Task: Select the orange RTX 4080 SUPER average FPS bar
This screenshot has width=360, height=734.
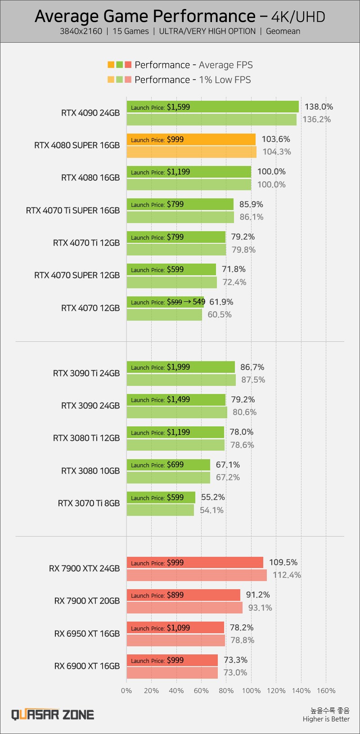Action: coord(216,139)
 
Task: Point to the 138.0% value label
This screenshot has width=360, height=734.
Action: coord(319,107)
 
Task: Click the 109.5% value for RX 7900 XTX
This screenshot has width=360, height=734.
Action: coord(283,562)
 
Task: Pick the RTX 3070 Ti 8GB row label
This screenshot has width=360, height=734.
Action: coord(89,503)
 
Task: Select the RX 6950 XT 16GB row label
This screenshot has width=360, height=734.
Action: coord(87,633)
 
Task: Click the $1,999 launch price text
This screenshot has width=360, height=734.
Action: coord(178,367)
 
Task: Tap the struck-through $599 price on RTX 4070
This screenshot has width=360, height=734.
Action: coord(174,302)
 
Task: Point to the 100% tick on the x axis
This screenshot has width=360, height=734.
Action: coord(251,691)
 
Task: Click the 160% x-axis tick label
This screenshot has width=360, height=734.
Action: coord(326,691)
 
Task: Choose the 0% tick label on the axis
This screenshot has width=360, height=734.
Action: coord(126,691)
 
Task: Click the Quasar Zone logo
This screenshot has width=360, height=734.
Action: coord(53,715)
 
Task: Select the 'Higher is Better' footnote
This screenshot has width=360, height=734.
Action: coord(326,719)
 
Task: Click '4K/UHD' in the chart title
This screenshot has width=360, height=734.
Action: coord(298,17)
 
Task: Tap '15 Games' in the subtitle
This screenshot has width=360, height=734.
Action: coord(130,31)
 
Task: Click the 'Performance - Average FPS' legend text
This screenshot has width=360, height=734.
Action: coord(193,65)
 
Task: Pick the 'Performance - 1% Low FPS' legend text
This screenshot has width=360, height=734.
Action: coord(193,80)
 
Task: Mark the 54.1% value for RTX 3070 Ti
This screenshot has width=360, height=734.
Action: coord(211,510)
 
